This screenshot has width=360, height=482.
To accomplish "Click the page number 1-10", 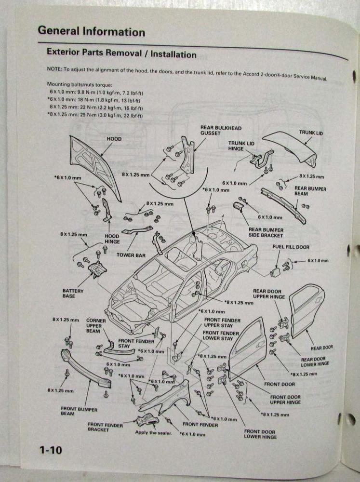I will [51, 451].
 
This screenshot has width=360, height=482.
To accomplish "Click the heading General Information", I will [91, 32].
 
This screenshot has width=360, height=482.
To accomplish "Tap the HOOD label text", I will [114, 139].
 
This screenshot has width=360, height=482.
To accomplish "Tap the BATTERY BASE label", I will [73, 294].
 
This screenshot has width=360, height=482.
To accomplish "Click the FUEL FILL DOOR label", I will [290, 247].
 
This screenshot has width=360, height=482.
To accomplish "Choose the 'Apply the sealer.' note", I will [154, 432].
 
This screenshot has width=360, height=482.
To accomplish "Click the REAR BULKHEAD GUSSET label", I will [221, 130].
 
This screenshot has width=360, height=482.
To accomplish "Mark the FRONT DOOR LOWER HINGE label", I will [260, 434].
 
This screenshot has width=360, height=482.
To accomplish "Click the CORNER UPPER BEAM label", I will [96, 325].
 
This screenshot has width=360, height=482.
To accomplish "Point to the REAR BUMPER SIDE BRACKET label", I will [266, 233].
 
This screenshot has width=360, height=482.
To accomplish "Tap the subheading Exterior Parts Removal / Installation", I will [121, 54].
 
